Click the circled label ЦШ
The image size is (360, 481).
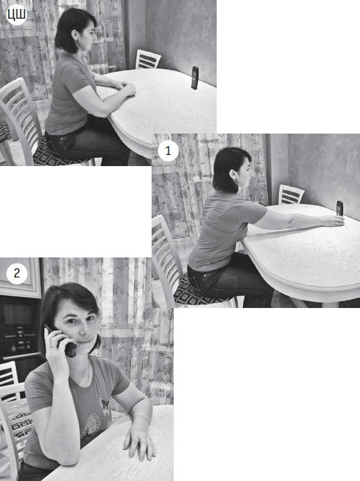coord(16,15)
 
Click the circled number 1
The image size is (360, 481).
coord(168,151)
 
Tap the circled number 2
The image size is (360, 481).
coord(17,273)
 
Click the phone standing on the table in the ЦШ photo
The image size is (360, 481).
coord(195,78)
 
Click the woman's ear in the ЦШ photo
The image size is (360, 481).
coord(75,35)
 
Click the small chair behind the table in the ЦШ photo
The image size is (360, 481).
coord(148,60)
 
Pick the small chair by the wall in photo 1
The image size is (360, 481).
coord(291,194)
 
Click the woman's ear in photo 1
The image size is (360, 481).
coord(233,175)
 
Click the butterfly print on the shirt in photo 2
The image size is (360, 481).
coord(105,404)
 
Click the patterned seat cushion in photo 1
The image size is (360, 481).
coord(201,290)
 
